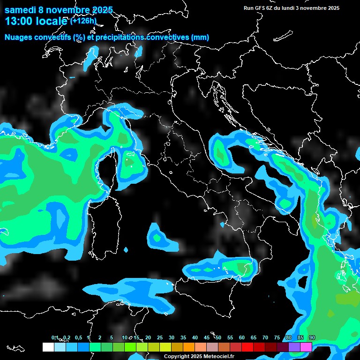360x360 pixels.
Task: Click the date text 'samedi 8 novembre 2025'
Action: tap(59, 10)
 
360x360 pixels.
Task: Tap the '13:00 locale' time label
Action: tap(36, 21)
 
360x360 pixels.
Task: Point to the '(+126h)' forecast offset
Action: tap(83, 21)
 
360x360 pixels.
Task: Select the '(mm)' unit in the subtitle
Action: tap(200, 37)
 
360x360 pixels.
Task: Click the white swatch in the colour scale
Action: tap(48, 347)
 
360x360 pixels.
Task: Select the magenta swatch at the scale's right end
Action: tap(306, 347)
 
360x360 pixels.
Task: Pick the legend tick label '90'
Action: tap(312, 338)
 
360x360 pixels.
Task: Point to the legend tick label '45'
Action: tap(207, 338)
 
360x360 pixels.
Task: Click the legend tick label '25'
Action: tap(160, 338)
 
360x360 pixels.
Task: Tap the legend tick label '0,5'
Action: tap(78, 338)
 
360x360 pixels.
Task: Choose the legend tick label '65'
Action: tap(254, 338)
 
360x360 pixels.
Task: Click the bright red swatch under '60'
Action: tap(247, 347)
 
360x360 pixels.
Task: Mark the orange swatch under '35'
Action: tap(189, 347)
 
